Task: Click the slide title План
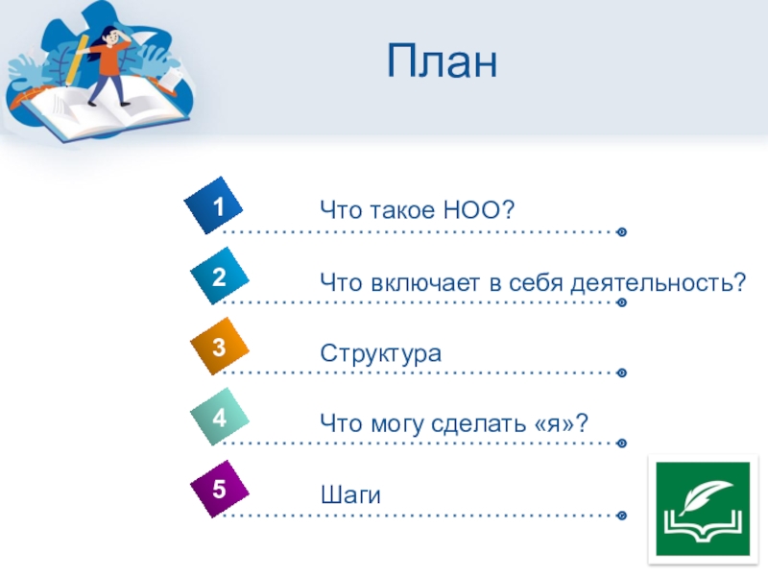point(442,61)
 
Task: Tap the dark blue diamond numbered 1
point(213,205)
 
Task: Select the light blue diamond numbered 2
point(220,276)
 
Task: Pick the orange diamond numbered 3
point(220,347)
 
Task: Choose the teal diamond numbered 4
point(220,417)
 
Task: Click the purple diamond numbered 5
point(220,489)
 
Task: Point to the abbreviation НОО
point(472,209)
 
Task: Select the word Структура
point(380,353)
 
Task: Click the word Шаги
point(350,494)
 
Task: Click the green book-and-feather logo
point(703,509)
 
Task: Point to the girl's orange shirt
point(110,59)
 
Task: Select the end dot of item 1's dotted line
point(621,231)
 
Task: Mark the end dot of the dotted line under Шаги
point(621,516)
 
